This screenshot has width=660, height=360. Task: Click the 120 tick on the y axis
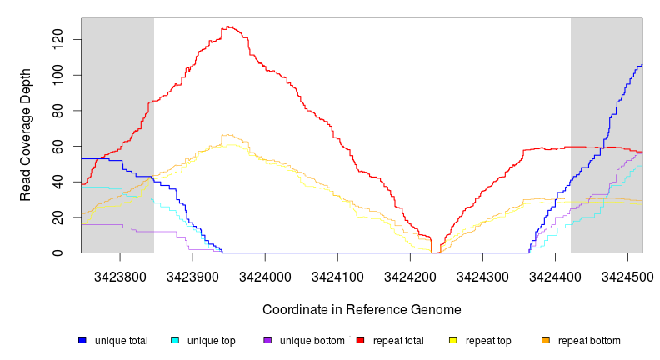(x=66, y=39)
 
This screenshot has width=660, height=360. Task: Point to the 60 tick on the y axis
(x=66, y=146)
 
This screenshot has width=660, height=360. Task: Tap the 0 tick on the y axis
(x=66, y=252)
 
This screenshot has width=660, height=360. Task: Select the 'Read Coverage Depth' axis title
(x=26, y=135)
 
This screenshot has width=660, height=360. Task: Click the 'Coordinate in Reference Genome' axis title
(x=362, y=309)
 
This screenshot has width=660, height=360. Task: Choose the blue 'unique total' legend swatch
(x=82, y=340)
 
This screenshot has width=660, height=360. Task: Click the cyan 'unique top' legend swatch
(x=175, y=340)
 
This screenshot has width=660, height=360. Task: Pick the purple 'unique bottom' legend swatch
(x=267, y=340)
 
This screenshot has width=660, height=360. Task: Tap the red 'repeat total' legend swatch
(x=360, y=340)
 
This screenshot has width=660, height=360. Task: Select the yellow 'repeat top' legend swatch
(x=452, y=340)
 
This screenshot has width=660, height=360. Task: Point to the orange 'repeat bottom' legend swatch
(x=545, y=340)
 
